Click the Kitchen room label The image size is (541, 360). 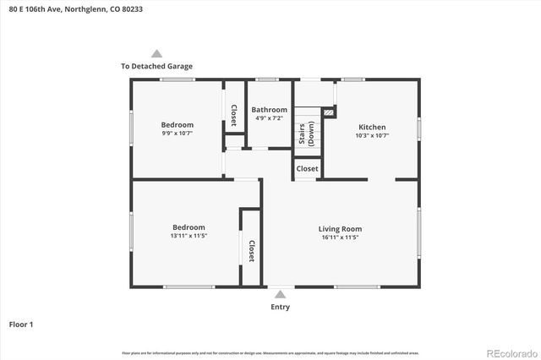372,127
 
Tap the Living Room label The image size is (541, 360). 340,229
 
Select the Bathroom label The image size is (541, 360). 270,110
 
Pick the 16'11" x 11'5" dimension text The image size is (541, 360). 340,238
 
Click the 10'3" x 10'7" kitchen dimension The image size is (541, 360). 372,135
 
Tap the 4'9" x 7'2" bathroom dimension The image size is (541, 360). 270,119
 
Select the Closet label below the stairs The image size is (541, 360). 307,169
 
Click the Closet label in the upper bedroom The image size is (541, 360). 234,113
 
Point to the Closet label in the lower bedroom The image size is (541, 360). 251,250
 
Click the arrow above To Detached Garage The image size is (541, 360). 156,53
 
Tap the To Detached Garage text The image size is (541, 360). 156,66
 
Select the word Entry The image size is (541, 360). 280,307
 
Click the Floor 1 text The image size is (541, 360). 21,324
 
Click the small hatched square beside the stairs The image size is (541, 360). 329,111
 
